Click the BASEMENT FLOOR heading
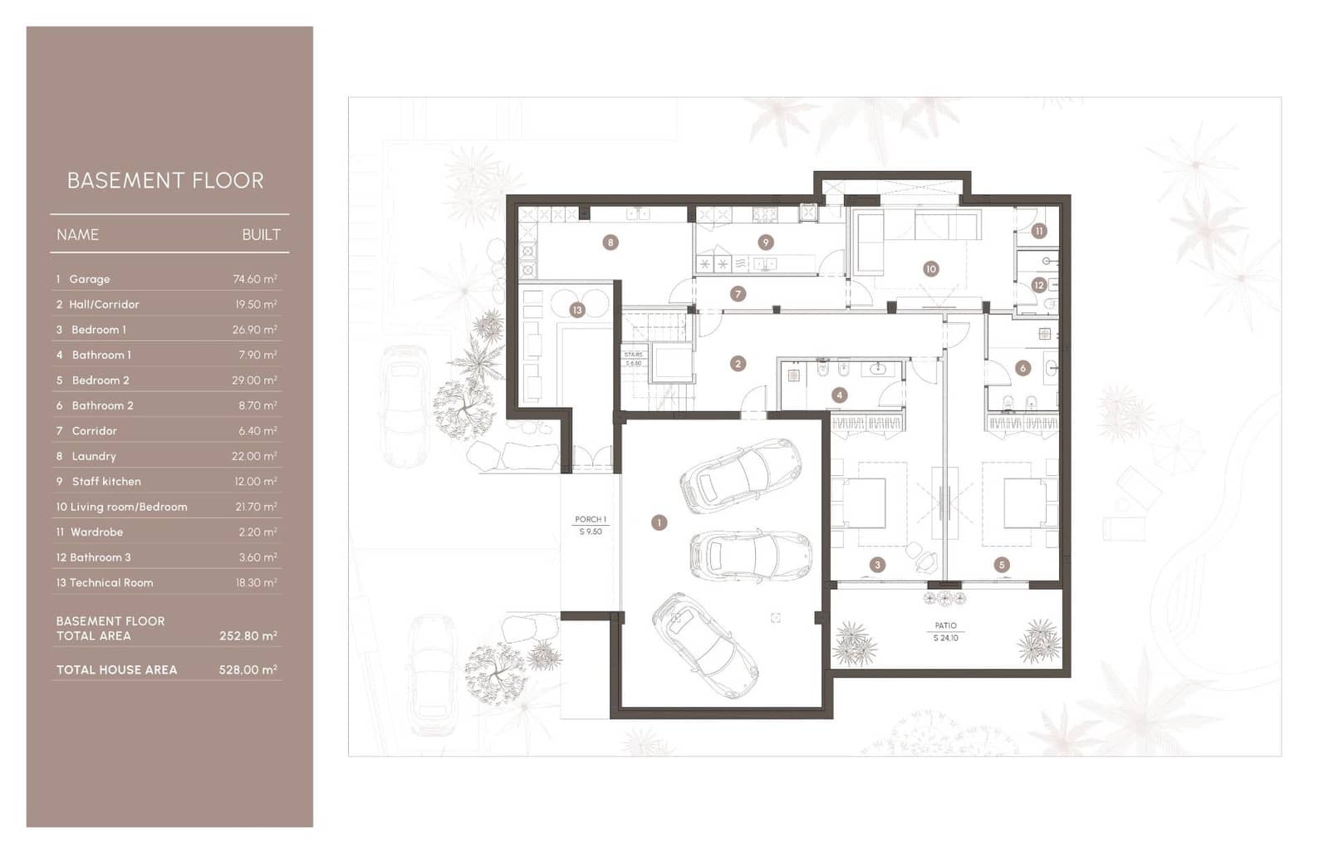[x=165, y=180]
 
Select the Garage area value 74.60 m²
[x=254, y=279]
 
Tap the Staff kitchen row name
[x=106, y=481]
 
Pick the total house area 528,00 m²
[x=248, y=669]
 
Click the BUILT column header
[x=261, y=235]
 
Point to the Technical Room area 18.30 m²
[x=256, y=582]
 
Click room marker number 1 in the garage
[x=659, y=522]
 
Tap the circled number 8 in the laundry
[x=611, y=243]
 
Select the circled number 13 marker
[x=576, y=310]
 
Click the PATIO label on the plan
[x=945, y=625]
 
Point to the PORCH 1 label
[x=591, y=519]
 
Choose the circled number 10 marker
[x=930, y=269]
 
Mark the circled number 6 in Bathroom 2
[x=1022, y=368]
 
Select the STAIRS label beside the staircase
[x=633, y=355]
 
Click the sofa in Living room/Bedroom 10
[x=870, y=241]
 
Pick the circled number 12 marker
[x=1038, y=285]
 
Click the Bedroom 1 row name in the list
[x=99, y=330]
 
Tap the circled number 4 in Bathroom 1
[x=839, y=395]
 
